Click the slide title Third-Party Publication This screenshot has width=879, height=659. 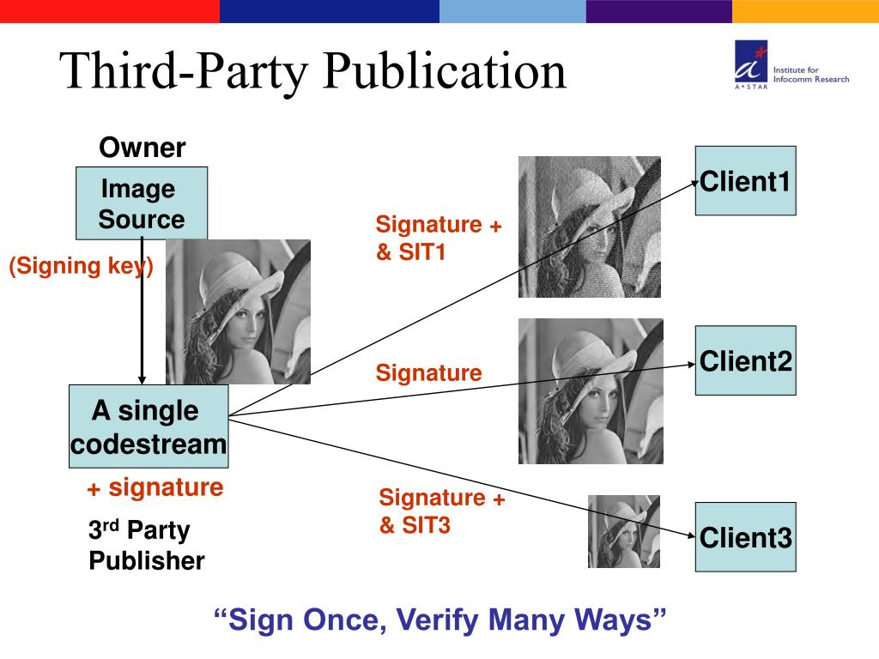pyautogui.click(x=313, y=71)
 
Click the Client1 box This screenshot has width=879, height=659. pyautogui.click(x=745, y=181)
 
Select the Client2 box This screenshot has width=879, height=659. pyautogui.click(x=745, y=360)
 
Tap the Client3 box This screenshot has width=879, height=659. pyautogui.click(x=745, y=537)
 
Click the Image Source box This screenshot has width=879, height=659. pyautogui.click(x=142, y=203)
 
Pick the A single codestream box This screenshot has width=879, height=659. pyautogui.click(x=149, y=426)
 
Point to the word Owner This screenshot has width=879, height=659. pyautogui.click(x=142, y=148)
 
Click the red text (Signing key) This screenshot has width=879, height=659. pyautogui.click(x=82, y=266)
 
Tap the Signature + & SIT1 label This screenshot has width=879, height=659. pyautogui.click(x=438, y=239)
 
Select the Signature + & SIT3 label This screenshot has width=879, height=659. pyautogui.click(x=441, y=511)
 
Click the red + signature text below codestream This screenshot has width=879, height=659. pyautogui.click(x=155, y=488)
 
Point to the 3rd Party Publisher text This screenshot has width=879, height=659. pyautogui.click(x=146, y=546)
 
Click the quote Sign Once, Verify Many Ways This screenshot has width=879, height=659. pyautogui.click(x=439, y=620)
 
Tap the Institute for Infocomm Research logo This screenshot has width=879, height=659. pyautogui.click(x=790, y=67)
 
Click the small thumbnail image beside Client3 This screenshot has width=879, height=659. pyautogui.click(x=623, y=531)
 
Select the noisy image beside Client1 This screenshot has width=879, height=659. pyautogui.click(x=589, y=227)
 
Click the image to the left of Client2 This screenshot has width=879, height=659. pyautogui.click(x=591, y=391)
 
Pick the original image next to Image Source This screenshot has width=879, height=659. pyautogui.click(x=238, y=311)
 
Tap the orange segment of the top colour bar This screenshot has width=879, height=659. pyautogui.click(x=805, y=11)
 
